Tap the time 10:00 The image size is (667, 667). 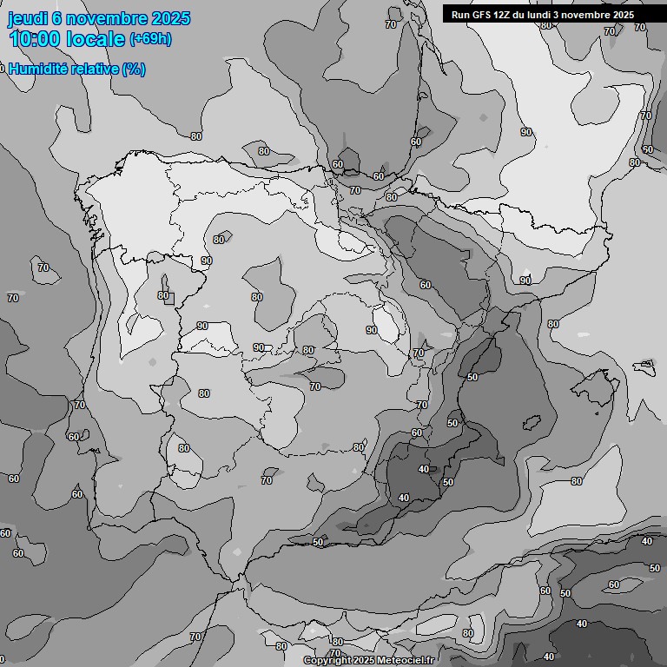point(35,39)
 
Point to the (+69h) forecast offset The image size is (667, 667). point(150,39)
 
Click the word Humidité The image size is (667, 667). point(39,69)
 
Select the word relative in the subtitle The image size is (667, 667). point(95,69)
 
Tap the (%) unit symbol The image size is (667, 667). point(134,69)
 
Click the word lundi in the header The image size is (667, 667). point(550,15)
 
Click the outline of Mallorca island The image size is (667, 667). point(598,382)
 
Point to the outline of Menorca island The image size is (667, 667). point(644,366)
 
